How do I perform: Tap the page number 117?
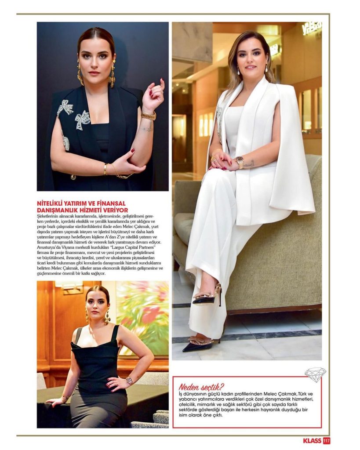pyautogui.click(x=326, y=440)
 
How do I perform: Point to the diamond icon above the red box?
pyautogui.click(x=315, y=374)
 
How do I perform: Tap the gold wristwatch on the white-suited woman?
pyautogui.click(x=240, y=162)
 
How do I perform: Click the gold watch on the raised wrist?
pyautogui.click(x=149, y=116)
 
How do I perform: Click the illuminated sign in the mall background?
pyautogui.click(x=311, y=28)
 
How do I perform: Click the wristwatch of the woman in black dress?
pyautogui.click(x=129, y=380)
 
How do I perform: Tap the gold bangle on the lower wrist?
pyautogui.click(x=105, y=169)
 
